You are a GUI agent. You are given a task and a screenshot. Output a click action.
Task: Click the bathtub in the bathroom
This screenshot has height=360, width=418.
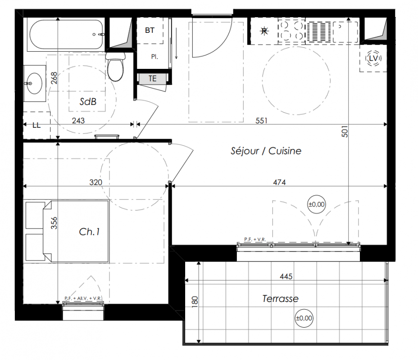point(66,34)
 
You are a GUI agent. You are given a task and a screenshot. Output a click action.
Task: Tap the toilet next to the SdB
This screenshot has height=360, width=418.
point(115,67)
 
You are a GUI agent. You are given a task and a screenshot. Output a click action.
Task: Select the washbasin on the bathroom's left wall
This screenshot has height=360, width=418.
point(35,83)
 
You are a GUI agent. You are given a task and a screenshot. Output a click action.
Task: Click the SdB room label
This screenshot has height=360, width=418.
point(88,101)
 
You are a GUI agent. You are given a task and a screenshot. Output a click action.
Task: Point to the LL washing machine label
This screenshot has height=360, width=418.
point(36,126)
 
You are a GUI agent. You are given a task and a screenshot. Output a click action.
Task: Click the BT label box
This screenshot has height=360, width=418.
point(150,30)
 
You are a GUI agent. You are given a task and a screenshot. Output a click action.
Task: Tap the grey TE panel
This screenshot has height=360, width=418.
point(153,79)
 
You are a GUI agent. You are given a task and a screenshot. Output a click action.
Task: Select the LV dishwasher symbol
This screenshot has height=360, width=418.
point(373,58)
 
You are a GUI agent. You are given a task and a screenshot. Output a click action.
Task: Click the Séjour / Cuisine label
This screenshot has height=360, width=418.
point(266,151)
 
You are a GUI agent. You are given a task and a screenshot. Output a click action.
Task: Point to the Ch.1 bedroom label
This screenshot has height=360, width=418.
point(89,232)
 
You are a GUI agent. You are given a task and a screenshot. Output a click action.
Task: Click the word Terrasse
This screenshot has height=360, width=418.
point(280,298)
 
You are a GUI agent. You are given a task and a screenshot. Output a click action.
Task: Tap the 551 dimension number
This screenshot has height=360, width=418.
point(261,121)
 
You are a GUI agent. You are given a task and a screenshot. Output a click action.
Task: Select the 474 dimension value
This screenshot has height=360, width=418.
point(279,182)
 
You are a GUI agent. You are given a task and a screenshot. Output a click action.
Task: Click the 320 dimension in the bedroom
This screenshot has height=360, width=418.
point(95,182)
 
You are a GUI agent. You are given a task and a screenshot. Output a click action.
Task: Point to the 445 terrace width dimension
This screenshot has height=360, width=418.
point(286,276)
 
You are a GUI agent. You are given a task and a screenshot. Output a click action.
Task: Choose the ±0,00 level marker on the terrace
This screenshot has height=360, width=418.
point(304,318)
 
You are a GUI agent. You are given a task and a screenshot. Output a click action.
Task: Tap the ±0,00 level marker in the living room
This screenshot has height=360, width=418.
point(317,204)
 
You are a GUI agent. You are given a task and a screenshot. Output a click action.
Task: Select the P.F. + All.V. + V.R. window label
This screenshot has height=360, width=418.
point(83,298)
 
